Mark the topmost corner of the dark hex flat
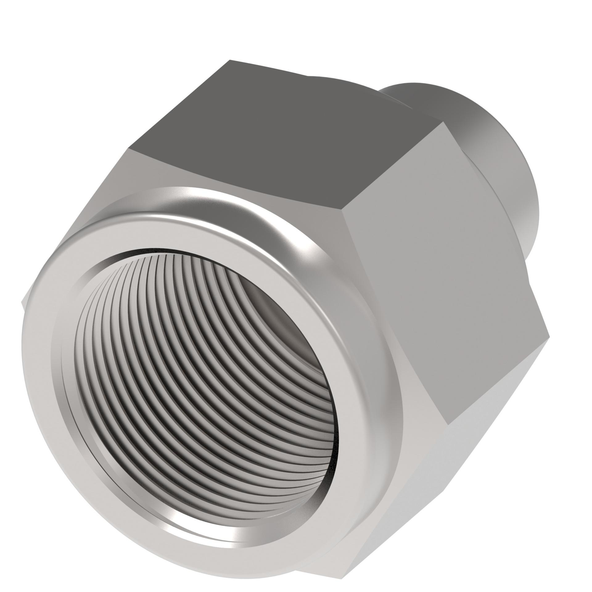point(230,60)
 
